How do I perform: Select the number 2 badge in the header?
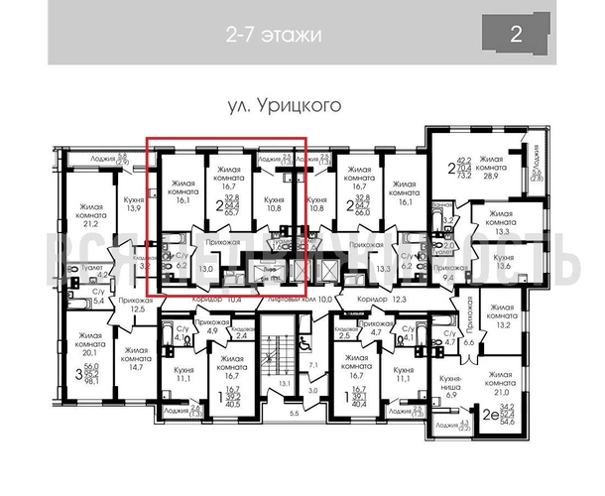click(516, 35)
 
